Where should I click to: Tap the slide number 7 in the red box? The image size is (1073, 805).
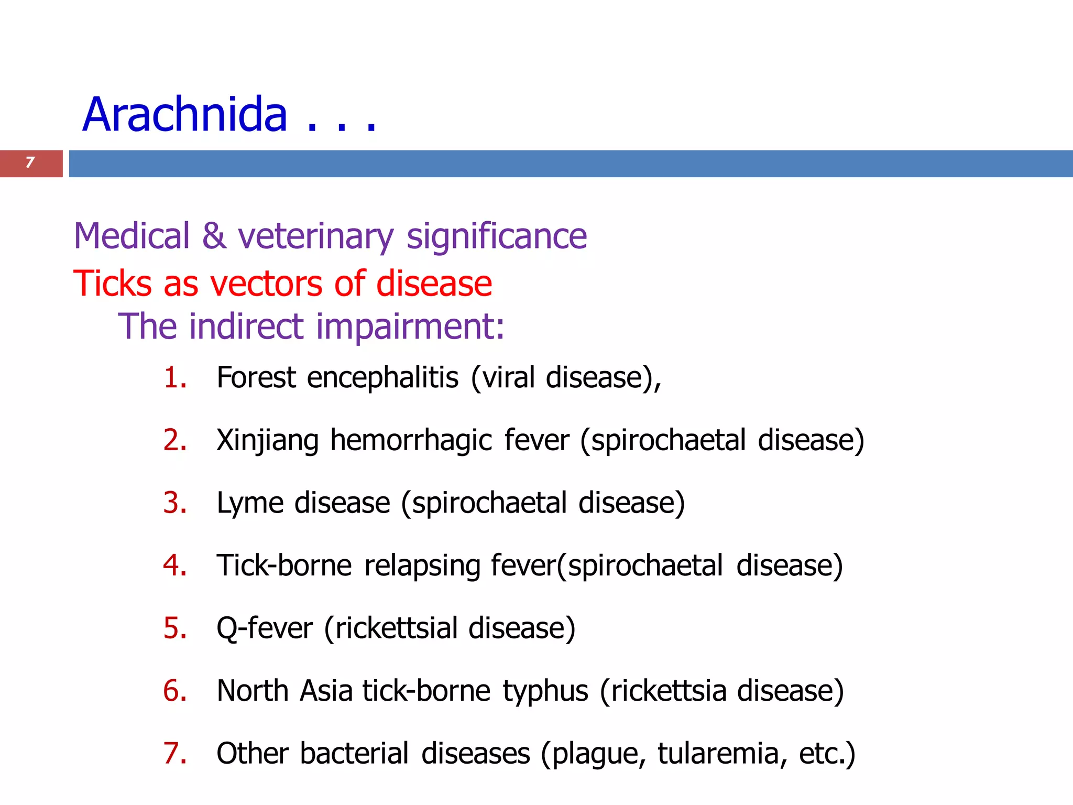(x=30, y=162)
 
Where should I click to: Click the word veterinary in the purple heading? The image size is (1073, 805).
(x=315, y=237)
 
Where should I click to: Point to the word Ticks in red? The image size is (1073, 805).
(x=113, y=284)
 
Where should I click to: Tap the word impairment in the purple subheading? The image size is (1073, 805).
(x=410, y=327)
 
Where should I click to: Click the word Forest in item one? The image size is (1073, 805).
(x=256, y=377)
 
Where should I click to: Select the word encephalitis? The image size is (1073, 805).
(x=382, y=377)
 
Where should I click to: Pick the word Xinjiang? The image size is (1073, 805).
(x=267, y=440)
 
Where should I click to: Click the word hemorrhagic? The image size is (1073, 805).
(x=411, y=440)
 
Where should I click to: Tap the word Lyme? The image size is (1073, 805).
(x=250, y=503)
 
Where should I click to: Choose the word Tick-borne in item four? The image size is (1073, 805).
(x=284, y=565)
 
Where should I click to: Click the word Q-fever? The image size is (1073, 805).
(x=265, y=628)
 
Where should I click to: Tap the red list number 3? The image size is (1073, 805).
(x=174, y=503)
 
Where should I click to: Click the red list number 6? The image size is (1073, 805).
(x=174, y=691)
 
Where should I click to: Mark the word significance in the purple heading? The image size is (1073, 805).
(x=497, y=237)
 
